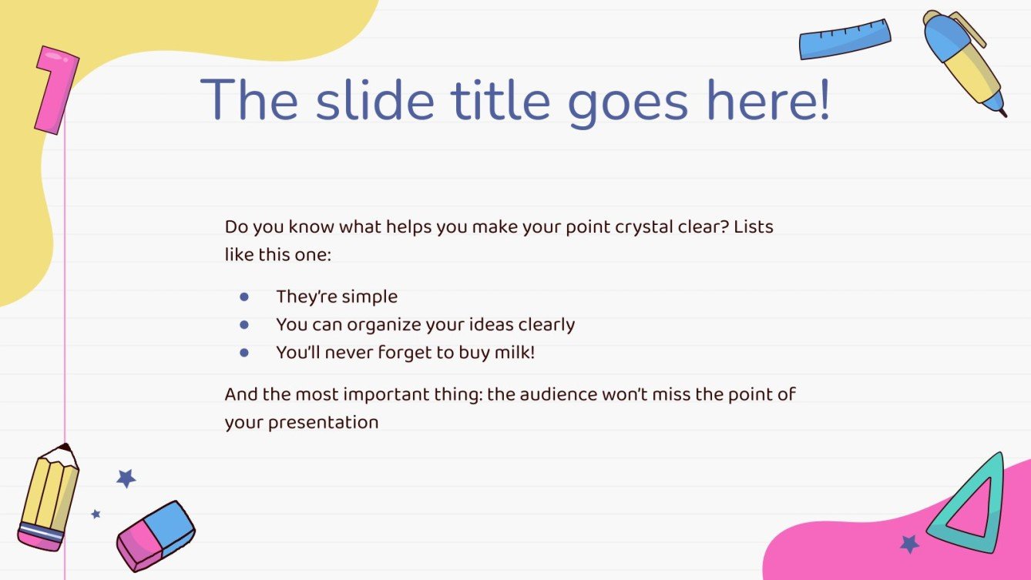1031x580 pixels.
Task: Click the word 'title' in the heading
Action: tap(500, 100)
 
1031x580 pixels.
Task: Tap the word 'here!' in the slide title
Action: tap(769, 100)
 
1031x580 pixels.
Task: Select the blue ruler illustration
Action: tap(845, 39)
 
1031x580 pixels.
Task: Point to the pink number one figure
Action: tap(56, 90)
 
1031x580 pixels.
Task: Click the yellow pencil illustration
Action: tap(49, 498)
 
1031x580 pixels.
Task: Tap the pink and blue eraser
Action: tap(156, 536)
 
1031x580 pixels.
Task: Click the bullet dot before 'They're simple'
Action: tap(244, 297)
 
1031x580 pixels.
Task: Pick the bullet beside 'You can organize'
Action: tap(244, 325)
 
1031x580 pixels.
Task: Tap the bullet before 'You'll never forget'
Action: tap(244, 353)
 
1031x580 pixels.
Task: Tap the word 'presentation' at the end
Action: tap(323, 423)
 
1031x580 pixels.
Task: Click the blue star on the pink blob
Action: tap(909, 544)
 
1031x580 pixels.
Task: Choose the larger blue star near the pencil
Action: tap(126, 478)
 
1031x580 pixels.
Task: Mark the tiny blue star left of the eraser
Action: tap(96, 514)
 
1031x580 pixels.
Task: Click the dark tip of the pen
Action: tap(1004, 113)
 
